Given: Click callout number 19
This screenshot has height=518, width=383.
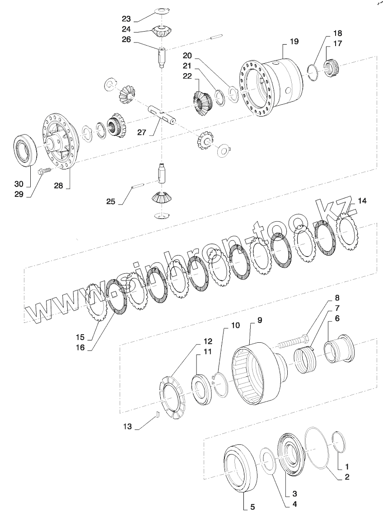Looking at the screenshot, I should [294, 42].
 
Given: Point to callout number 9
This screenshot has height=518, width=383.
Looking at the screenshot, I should [259, 320].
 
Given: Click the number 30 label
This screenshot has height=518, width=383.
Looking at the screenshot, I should [19, 184].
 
